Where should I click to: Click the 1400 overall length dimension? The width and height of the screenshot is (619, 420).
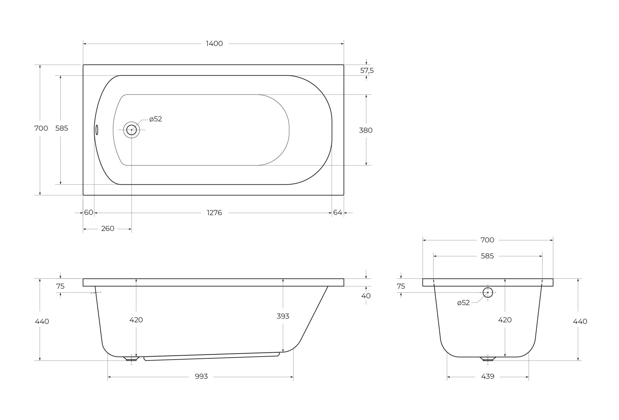pos(214,44)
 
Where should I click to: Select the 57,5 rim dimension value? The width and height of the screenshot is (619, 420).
pos(367,71)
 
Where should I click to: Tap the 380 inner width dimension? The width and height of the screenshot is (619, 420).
pos(366,130)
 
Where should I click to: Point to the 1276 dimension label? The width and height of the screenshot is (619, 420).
pos(214,213)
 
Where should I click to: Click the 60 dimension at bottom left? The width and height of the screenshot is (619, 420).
pos(89,212)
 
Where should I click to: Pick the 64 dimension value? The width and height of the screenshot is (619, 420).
pos(338,212)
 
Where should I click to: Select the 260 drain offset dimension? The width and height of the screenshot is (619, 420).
pos(108,229)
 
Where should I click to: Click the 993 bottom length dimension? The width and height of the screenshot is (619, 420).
pos(201,376)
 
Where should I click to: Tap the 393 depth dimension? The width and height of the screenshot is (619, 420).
pos(283,316)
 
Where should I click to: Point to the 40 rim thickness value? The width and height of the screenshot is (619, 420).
pos(366,296)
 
